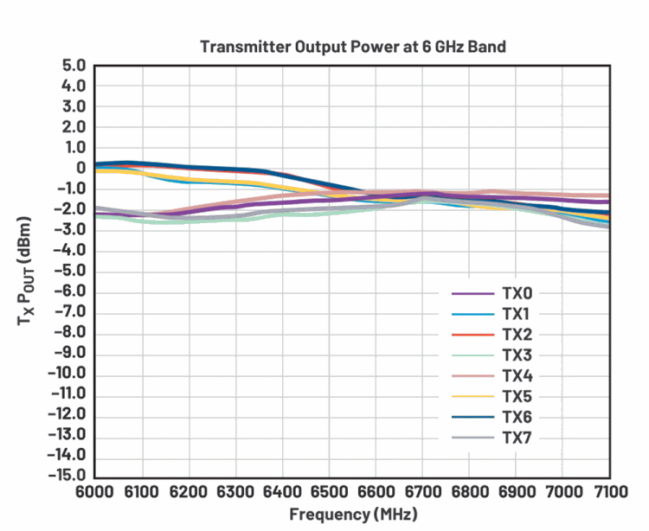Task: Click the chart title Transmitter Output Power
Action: click(x=353, y=46)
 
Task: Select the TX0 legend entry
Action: click(x=516, y=293)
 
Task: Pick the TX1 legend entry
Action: click(x=516, y=314)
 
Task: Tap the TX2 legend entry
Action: click(x=516, y=335)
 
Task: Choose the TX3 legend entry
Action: click(x=516, y=355)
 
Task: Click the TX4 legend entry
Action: click(x=516, y=376)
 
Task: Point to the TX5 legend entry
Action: click(x=516, y=397)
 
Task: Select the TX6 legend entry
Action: click(x=516, y=418)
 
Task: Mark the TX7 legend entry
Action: click(x=516, y=438)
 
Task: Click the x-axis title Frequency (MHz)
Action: click(x=353, y=515)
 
